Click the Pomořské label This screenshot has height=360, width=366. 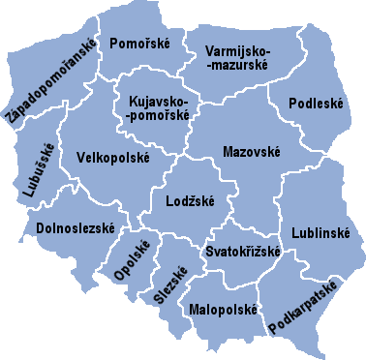[141, 45]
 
